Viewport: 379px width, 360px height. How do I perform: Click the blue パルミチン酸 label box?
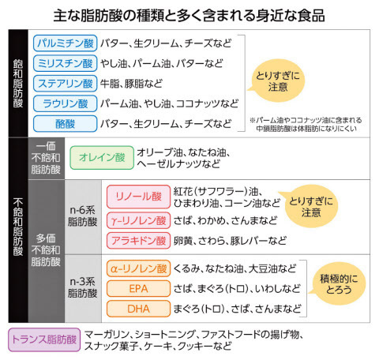coord(65,43)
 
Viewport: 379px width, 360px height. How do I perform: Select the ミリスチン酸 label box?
coord(65,63)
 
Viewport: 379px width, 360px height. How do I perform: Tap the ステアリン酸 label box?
coord(65,84)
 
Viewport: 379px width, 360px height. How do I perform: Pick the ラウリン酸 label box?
coord(65,103)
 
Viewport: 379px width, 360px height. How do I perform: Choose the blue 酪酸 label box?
coord(65,124)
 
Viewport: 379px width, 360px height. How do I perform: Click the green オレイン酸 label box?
coord(102,158)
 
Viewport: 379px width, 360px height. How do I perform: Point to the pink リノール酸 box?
coord(138,197)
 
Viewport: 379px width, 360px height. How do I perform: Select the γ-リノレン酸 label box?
coord(138,220)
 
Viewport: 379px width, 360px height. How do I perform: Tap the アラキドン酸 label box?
coord(138,241)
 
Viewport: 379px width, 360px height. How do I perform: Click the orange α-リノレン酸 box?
coord(138,268)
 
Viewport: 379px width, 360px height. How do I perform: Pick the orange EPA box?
coord(138,289)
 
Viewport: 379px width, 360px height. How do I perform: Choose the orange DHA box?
coord(138,309)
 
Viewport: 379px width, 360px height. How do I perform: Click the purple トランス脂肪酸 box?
coord(44,339)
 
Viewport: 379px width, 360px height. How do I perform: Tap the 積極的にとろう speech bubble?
coord(339,283)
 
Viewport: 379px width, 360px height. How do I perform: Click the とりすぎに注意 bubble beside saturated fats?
coord(278,81)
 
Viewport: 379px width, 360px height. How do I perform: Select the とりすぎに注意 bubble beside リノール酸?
coord(310,206)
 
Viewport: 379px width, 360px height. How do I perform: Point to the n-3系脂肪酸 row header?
coord(83,288)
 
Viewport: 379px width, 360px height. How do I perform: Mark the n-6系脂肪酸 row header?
coord(83,217)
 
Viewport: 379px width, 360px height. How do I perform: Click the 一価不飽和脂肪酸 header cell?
coord(46,158)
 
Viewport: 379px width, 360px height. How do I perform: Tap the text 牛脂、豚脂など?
coord(131,84)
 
